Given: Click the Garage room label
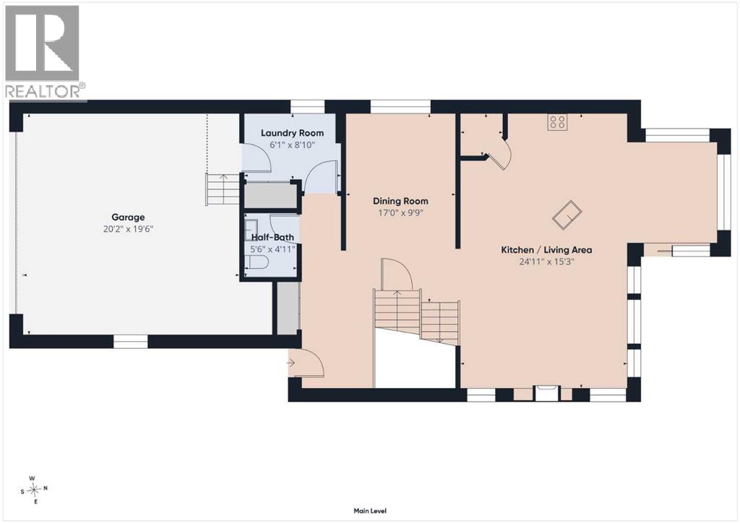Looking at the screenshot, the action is click(128, 217).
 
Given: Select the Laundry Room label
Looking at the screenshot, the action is click(292, 133).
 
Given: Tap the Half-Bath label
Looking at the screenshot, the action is click(272, 237).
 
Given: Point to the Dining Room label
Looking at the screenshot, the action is click(400, 201).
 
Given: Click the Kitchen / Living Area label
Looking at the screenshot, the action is click(546, 250).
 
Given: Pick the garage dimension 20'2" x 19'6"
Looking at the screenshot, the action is click(129, 230).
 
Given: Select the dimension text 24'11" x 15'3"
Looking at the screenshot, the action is click(546, 261).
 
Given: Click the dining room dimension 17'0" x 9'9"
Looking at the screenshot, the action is click(400, 213).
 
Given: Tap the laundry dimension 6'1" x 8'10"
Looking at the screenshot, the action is click(292, 144).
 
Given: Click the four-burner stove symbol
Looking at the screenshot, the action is click(557, 122).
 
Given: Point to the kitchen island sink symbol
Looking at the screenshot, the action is click(567, 215).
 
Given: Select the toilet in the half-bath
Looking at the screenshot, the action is click(257, 262).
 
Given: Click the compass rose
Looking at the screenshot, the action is click(33, 490).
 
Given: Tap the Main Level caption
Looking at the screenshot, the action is click(370, 511).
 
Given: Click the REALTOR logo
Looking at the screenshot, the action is click(43, 52).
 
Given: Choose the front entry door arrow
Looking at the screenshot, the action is click(291, 363).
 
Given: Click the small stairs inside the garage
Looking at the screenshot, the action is click(223, 189).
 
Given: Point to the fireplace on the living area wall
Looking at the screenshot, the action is click(546, 394).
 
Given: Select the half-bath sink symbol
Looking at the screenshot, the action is click(251, 225).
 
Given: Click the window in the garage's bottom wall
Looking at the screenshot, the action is click(131, 342).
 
